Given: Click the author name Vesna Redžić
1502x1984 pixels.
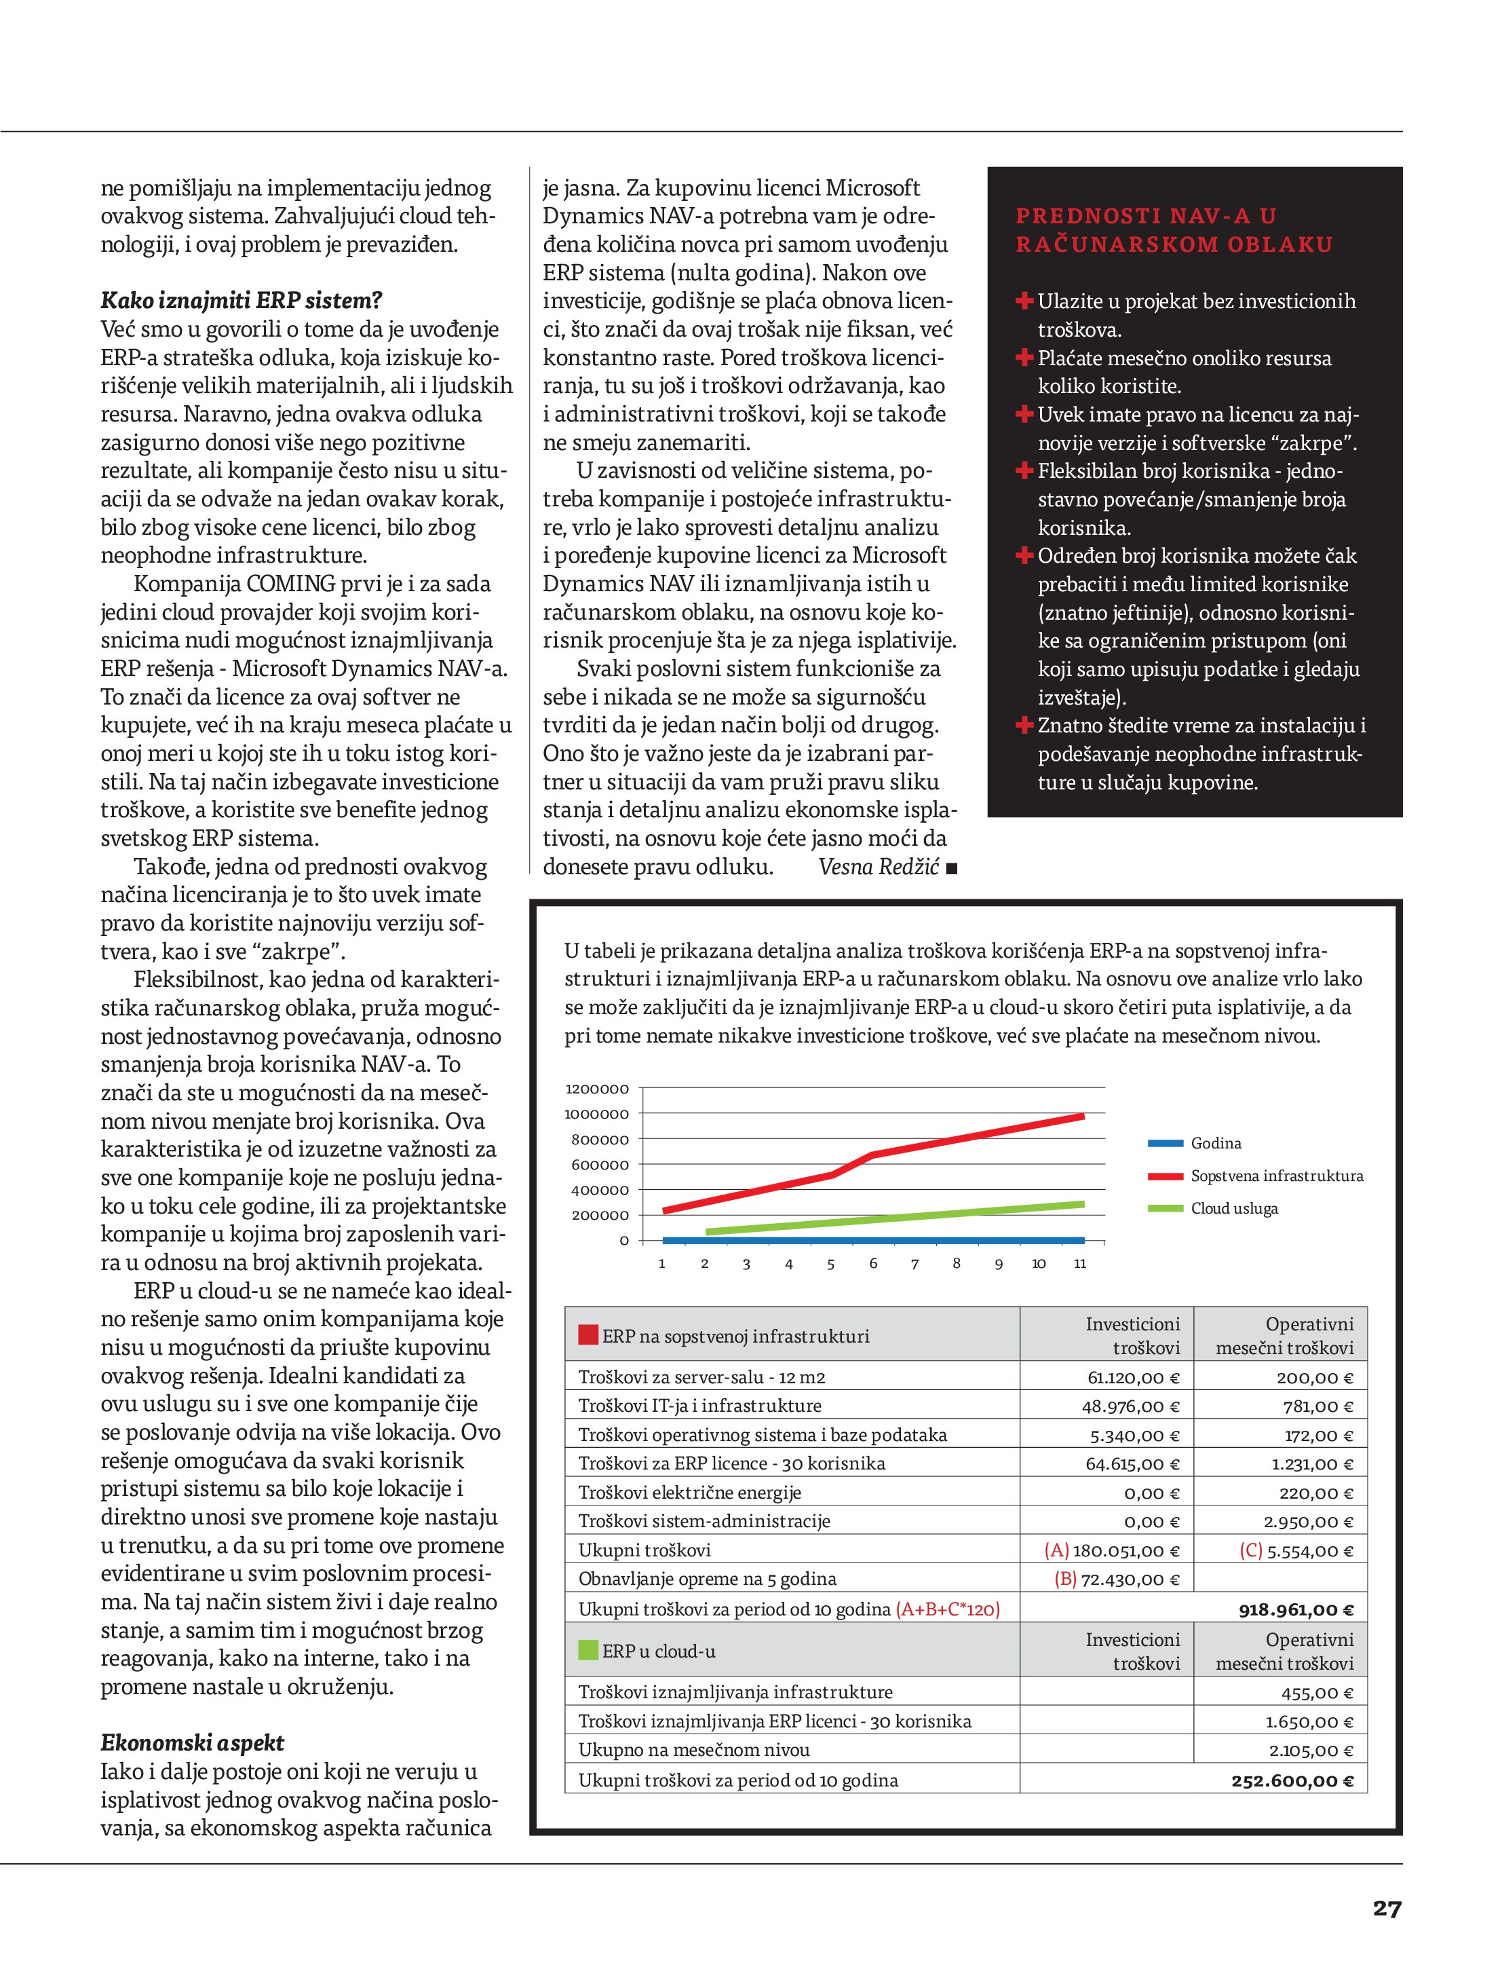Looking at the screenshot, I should click(878, 866).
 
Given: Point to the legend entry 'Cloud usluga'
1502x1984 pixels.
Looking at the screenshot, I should click(1234, 1208).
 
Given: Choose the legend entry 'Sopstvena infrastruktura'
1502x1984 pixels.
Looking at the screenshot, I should click(1276, 1176).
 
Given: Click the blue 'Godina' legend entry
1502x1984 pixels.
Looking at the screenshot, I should click(1215, 1144).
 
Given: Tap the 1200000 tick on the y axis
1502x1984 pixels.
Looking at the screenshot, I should click(597, 1089).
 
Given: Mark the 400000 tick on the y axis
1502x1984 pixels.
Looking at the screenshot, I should click(600, 1191).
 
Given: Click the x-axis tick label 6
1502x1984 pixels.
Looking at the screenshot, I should click(872, 1263).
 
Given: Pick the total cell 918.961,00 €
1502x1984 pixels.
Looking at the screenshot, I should click(1296, 1610).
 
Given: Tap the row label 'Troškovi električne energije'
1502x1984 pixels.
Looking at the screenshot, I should click(689, 1493).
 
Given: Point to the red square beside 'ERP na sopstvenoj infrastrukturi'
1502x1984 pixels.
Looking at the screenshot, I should click(588, 1336).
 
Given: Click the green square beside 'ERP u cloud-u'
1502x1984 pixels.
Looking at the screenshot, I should click(588, 1650).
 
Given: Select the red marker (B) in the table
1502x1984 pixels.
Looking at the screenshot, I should click(1065, 1579).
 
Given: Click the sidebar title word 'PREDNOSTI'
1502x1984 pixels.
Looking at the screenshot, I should click(1075, 216).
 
